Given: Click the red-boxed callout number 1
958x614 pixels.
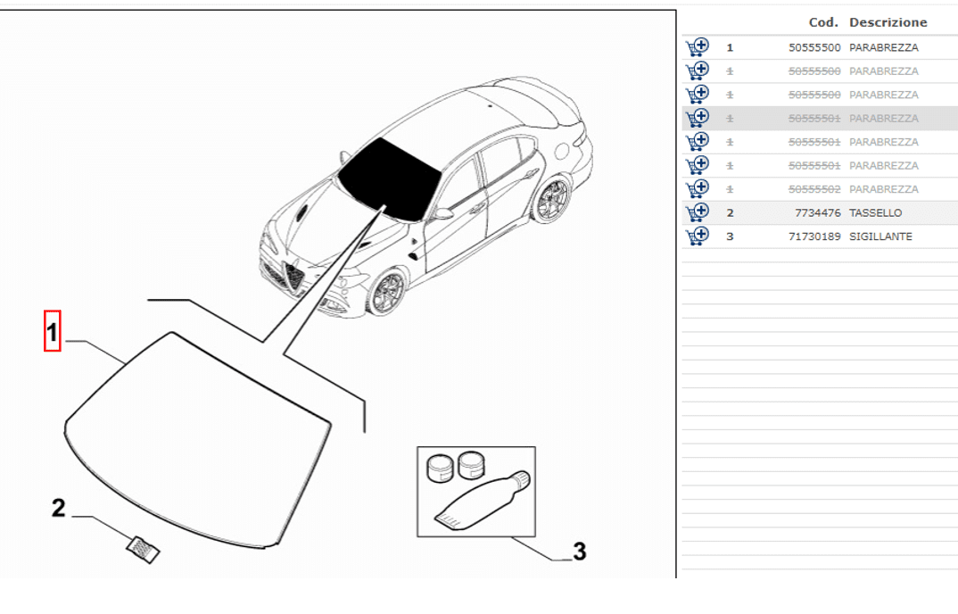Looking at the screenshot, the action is [52, 332].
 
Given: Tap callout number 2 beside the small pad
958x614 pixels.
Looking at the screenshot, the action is [58, 508].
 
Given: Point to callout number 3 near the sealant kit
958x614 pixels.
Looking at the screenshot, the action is [579, 551].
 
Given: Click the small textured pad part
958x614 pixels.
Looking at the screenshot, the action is [143, 549].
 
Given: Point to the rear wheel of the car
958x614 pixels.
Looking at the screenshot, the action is [551, 199].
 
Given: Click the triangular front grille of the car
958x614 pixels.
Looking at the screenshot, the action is [293, 275].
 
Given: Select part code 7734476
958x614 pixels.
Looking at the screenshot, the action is [817, 212].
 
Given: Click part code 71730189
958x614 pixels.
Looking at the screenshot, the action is [814, 236].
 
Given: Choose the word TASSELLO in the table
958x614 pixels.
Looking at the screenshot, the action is [876, 212].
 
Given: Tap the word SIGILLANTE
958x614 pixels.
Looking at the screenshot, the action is [880, 236].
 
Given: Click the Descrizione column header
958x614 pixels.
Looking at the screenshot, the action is [888, 22].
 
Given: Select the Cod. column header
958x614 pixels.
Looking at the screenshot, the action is [823, 22].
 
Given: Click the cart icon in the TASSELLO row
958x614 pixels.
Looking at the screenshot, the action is [698, 212].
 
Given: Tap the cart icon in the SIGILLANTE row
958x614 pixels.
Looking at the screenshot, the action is [698, 236].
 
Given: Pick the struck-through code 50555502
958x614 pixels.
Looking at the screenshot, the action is [814, 189].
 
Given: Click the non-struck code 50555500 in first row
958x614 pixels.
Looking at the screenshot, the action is [814, 47].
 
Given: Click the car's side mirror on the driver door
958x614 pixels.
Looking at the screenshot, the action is [443, 213].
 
